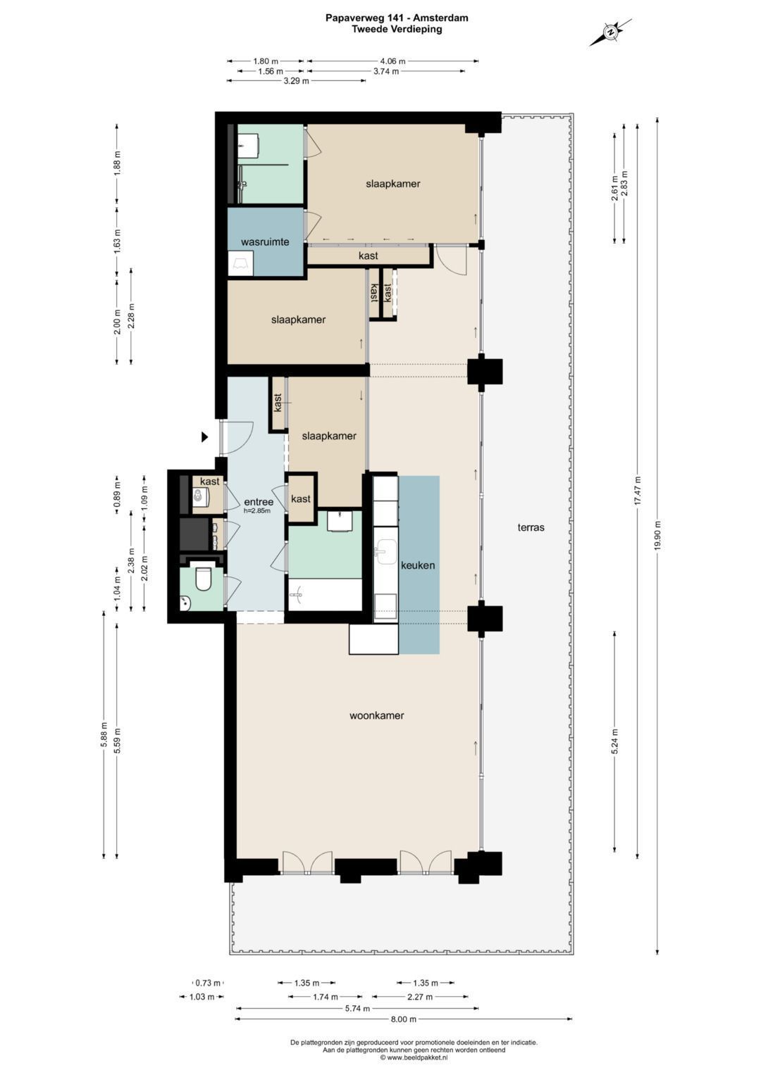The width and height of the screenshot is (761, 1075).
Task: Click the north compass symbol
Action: (610, 32)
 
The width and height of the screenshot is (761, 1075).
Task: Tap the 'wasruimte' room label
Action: (265, 242)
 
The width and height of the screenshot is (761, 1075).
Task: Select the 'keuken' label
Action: (417, 565)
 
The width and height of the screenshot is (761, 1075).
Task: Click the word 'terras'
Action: (531, 527)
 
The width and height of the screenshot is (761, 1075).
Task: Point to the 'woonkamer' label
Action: (376, 715)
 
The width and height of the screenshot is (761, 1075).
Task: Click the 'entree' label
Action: (259, 502)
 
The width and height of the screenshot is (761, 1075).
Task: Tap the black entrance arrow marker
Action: (204, 436)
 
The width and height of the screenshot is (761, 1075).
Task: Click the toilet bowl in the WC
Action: (203, 579)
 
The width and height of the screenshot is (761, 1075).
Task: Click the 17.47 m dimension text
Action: (638, 490)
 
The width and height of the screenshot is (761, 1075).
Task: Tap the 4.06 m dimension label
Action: (392, 61)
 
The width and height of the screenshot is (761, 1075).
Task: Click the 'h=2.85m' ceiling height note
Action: (257, 510)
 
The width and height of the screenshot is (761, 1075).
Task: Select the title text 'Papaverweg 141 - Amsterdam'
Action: (397, 18)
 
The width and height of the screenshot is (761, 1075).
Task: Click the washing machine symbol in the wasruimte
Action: (240, 263)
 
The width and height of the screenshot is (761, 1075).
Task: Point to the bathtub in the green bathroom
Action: (325, 595)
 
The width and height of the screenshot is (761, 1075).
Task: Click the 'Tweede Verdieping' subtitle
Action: (397, 30)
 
